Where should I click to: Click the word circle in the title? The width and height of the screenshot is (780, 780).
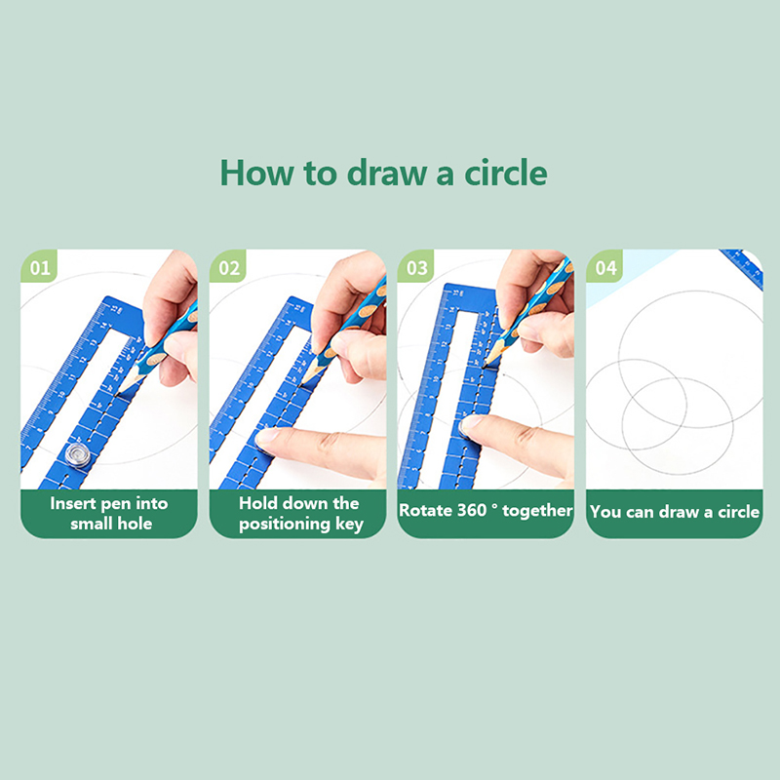[x=505, y=174]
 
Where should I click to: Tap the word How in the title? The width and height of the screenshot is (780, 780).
[x=256, y=174]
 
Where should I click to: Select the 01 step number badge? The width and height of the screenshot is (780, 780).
[x=39, y=266]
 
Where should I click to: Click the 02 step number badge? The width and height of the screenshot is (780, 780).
[x=228, y=266]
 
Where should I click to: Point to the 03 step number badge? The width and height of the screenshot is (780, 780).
[x=416, y=266]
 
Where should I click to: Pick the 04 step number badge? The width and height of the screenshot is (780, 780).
[x=605, y=266]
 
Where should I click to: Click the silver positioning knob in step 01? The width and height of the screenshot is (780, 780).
[x=78, y=454]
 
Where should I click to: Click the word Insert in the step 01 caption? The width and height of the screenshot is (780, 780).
[x=73, y=503]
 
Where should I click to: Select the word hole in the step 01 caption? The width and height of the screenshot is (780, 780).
[x=135, y=524]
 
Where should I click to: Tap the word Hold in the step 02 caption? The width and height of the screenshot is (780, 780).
[x=256, y=503]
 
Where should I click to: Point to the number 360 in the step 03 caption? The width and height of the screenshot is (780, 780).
[x=472, y=510]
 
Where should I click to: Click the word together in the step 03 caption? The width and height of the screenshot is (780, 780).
[x=537, y=511]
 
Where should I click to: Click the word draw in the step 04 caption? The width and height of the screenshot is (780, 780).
[x=681, y=511]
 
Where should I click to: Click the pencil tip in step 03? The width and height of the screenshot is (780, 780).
[x=485, y=365]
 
